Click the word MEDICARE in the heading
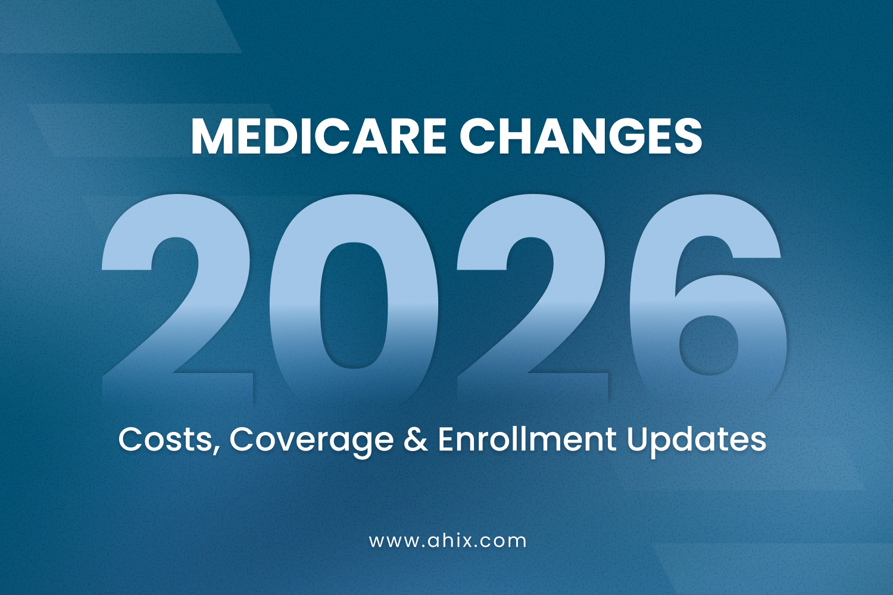318,136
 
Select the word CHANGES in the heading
580,136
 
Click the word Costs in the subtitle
164,440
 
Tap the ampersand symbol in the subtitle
416,440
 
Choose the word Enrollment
527,440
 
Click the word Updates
696,441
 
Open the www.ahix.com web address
448,541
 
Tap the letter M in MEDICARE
210,136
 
